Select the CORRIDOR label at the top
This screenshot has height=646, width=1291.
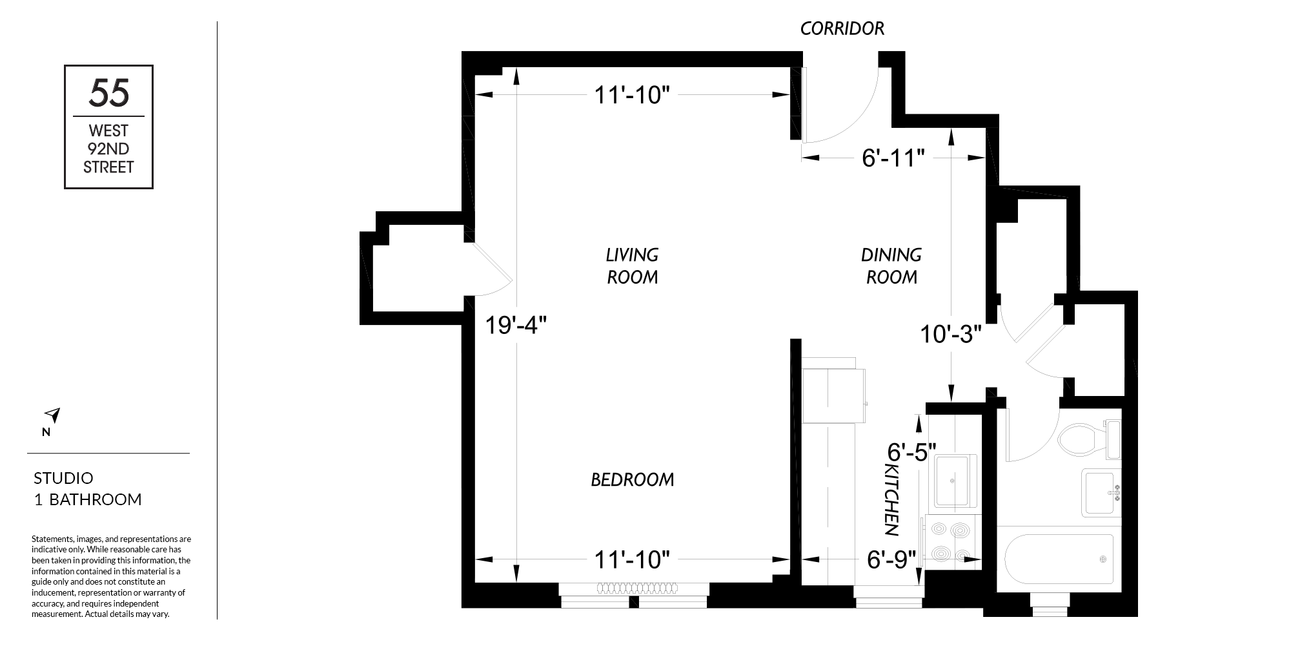coord(842,28)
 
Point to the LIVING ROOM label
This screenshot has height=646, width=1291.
coord(632,266)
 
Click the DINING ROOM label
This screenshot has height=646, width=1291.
coord(891,266)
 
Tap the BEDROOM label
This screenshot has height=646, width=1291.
coord(632,479)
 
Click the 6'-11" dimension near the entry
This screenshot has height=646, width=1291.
coord(893,158)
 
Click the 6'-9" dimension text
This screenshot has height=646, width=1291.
coord(891,559)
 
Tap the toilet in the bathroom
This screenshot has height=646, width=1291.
coord(1090,439)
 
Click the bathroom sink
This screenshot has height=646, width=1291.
coord(1102,492)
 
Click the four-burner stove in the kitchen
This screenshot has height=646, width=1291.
coord(952,542)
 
